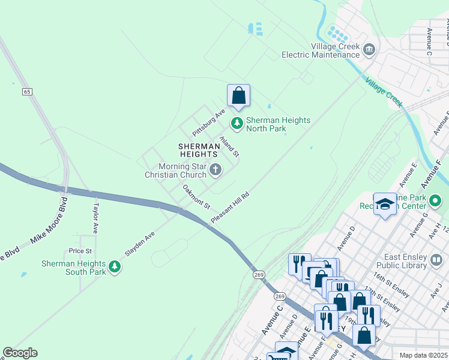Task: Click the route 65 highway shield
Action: [x=28, y=92]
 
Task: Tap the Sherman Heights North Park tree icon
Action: [x=237, y=124]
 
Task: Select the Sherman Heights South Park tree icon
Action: [x=115, y=266]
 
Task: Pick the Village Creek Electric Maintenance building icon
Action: [x=369, y=49]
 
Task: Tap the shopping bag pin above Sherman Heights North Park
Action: [x=238, y=95]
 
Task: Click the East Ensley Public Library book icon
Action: [x=436, y=260]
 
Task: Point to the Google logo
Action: [x=20, y=353]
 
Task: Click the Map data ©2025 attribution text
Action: [x=423, y=355]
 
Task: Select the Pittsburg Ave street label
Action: [x=208, y=122]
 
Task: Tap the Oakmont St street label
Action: [x=196, y=197]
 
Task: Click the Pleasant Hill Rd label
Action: [x=229, y=209]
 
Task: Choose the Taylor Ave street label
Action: [x=95, y=217]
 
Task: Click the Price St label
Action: [x=80, y=251]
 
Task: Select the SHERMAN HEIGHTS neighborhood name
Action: [x=197, y=151]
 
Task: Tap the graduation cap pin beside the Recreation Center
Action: [x=385, y=204]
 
